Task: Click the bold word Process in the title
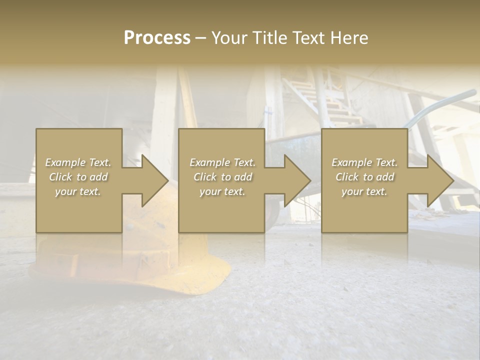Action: click(x=157, y=38)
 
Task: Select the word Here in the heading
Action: click(x=348, y=38)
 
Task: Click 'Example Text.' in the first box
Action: click(x=78, y=162)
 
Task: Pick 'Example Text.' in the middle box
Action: click(x=222, y=162)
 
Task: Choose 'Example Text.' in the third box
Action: click(x=364, y=162)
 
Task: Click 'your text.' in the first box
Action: click(x=78, y=191)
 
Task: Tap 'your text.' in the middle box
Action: click(x=222, y=191)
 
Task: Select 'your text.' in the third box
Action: click(x=364, y=191)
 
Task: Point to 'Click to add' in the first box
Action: click(x=78, y=177)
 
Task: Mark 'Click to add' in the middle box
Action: click(x=222, y=177)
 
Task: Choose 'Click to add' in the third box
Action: click(x=364, y=177)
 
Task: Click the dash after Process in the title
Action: click(x=200, y=38)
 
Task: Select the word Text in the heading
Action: click(x=307, y=38)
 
